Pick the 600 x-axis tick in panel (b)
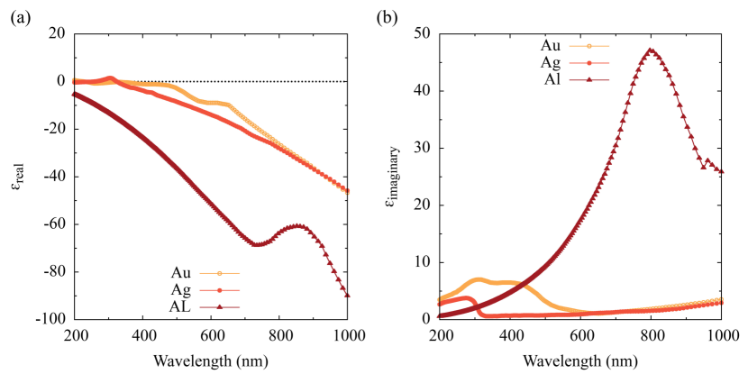tap(581, 334)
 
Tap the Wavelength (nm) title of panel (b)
tap(580, 358)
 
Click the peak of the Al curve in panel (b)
tap(651, 50)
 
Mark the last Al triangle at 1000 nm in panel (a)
tap(348, 295)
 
